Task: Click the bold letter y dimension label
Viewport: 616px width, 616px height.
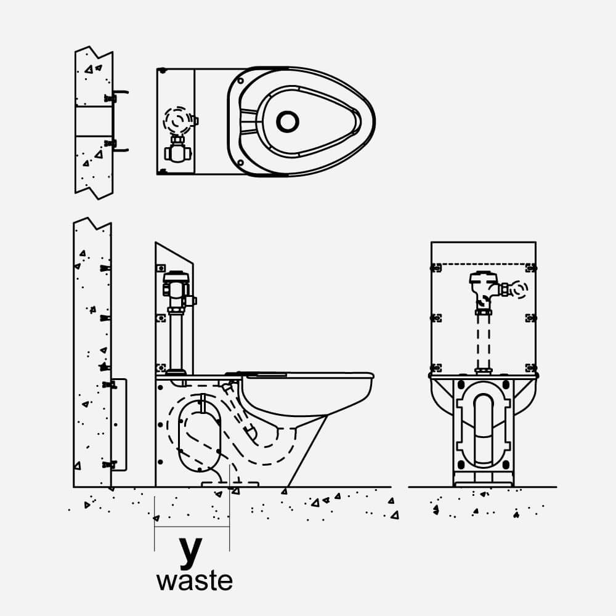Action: (x=190, y=553)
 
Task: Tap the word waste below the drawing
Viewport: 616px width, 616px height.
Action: (x=195, y=581)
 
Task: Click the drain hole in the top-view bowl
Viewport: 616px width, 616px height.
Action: (x=287, y=121)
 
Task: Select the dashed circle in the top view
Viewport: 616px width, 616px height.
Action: (x=177, y=121)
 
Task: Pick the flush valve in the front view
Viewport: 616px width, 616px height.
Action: (x=483, y=286)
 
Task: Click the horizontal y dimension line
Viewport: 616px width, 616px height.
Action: (x=192, y=527)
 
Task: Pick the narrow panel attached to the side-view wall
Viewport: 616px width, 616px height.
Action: (x=120, y=425)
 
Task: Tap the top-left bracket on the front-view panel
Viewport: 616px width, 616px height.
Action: (x=436, y=267)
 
